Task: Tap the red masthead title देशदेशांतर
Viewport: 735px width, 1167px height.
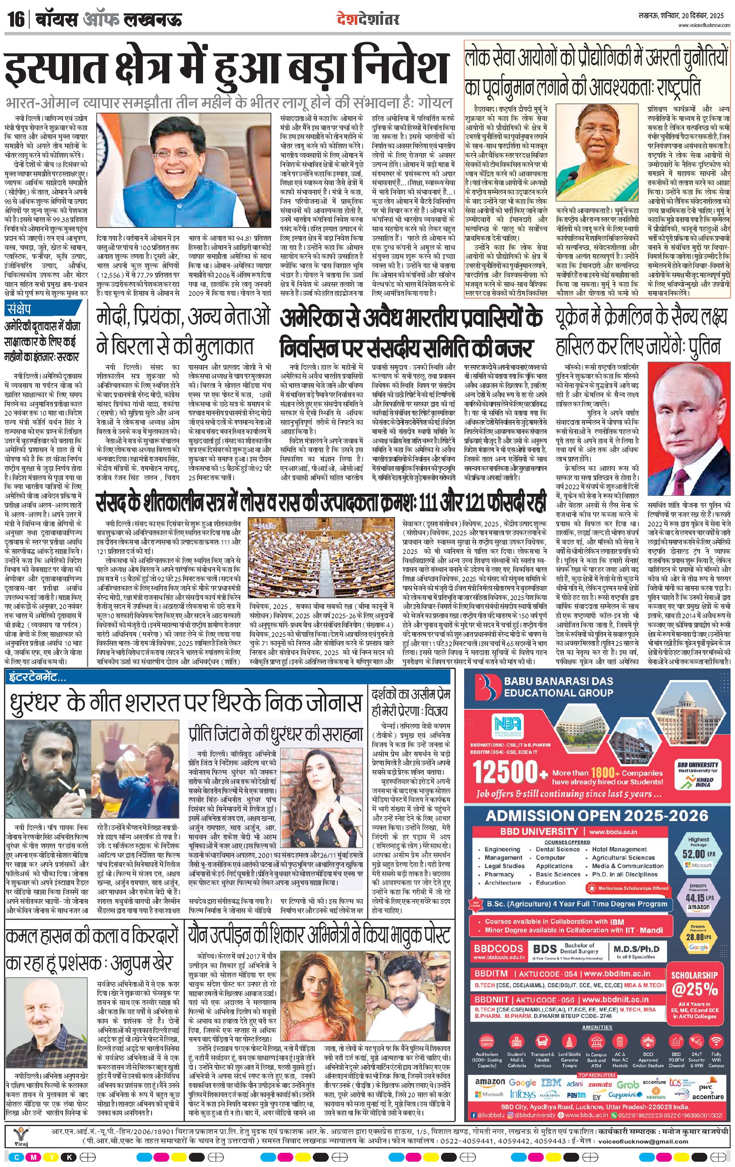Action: pyautogui.click(x=368, y=20)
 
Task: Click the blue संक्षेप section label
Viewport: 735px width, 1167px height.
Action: pyautogui.click(x=19, y=309)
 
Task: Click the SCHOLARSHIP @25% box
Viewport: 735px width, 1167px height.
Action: pyautogui.click(x=694, y=984)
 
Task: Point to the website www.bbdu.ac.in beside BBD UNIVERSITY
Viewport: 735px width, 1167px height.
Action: pyautogui.click(x=613, y=832)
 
